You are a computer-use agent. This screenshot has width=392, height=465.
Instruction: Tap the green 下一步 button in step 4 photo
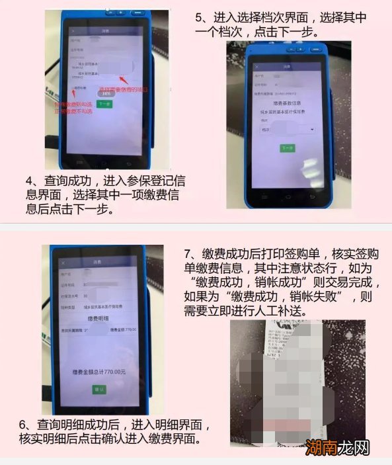point(106,103)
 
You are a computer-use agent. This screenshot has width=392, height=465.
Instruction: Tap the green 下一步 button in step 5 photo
point(288,148)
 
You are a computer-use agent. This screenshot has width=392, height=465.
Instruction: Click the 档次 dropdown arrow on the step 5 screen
point(311,130)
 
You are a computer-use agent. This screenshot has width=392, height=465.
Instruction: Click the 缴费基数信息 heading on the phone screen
point(287,103)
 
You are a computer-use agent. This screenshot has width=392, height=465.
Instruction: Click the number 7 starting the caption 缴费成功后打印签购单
point(188,254)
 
